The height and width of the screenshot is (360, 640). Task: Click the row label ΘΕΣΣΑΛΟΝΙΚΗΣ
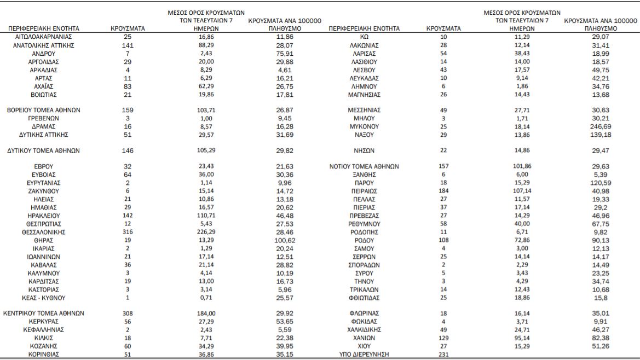tap(44, 232)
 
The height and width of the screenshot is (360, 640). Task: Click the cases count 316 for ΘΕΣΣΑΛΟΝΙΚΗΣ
tap(127, 232)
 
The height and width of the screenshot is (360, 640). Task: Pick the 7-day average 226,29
tap(205, 232)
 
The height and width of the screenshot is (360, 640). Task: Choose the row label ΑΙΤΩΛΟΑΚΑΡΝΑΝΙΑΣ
tap(44, 36)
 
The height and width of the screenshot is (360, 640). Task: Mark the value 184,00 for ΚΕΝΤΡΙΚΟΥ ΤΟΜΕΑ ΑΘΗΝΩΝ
tap(205, 313)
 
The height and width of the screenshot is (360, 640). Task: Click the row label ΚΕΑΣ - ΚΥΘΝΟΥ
tap(44, 298)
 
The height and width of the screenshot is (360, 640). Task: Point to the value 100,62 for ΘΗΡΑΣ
tap(281, 240)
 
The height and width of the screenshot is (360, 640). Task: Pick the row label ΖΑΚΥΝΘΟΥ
tap(44, 191)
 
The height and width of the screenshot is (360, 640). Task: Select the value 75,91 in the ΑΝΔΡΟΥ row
tap(281, 53)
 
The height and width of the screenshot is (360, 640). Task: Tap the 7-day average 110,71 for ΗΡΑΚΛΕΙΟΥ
tap(205, 216)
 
